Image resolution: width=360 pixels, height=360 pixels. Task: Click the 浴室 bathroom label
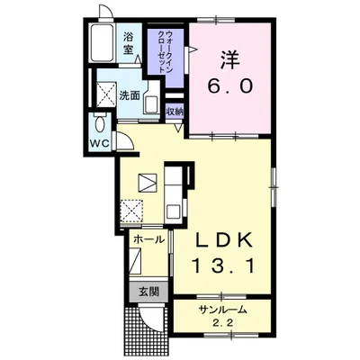128,44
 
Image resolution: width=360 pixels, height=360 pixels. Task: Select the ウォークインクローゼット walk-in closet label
165,51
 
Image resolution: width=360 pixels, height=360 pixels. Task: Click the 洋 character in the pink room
230,60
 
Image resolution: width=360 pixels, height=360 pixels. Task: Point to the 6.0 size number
230,86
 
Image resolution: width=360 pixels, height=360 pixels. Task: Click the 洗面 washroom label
130,95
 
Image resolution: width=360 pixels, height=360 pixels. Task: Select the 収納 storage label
175,112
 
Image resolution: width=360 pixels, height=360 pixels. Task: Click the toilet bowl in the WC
100,123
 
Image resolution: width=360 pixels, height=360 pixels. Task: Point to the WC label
100,144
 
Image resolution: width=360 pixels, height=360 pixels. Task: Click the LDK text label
223,240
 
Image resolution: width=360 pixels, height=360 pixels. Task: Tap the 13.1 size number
224,265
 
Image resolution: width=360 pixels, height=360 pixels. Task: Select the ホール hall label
149,239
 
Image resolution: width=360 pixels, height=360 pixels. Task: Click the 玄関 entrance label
148,292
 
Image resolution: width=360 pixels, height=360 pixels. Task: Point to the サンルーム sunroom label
223,310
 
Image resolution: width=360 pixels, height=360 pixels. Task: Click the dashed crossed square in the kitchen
131,211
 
